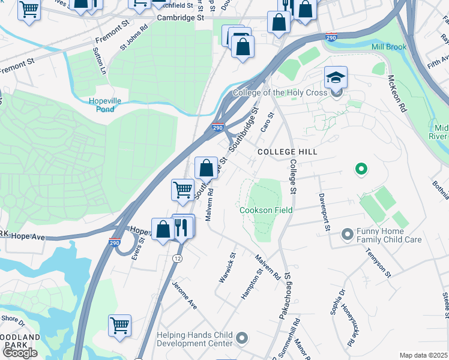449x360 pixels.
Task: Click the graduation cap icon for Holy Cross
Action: point(336,77)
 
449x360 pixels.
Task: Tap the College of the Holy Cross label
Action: point(280,93)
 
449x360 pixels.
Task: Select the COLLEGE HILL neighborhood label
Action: point(286,152)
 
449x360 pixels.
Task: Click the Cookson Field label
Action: point(266,211)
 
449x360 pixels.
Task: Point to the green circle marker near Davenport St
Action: point(361,170)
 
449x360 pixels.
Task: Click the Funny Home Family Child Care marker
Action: point(347,234)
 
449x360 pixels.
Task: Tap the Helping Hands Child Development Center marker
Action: point(242,338)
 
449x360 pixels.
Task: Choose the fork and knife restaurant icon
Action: point(183,227)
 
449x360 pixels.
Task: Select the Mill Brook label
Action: point(388,47)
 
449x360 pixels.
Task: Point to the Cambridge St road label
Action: point(181,18)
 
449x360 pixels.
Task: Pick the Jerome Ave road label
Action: point(185,295)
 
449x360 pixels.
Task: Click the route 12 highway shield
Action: point(176,258)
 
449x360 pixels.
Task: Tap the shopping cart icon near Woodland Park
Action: point(120,325)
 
